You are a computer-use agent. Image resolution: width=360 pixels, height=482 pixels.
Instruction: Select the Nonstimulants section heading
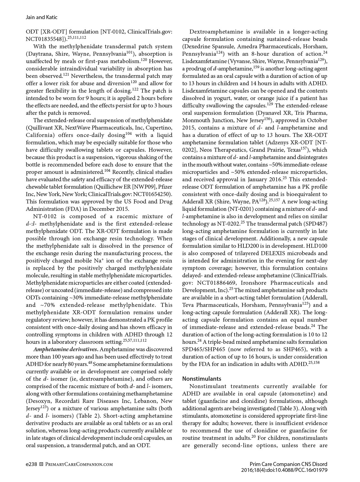tap(202, 379)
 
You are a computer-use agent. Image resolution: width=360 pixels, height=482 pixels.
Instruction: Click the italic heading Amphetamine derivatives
tap(66, 349)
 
